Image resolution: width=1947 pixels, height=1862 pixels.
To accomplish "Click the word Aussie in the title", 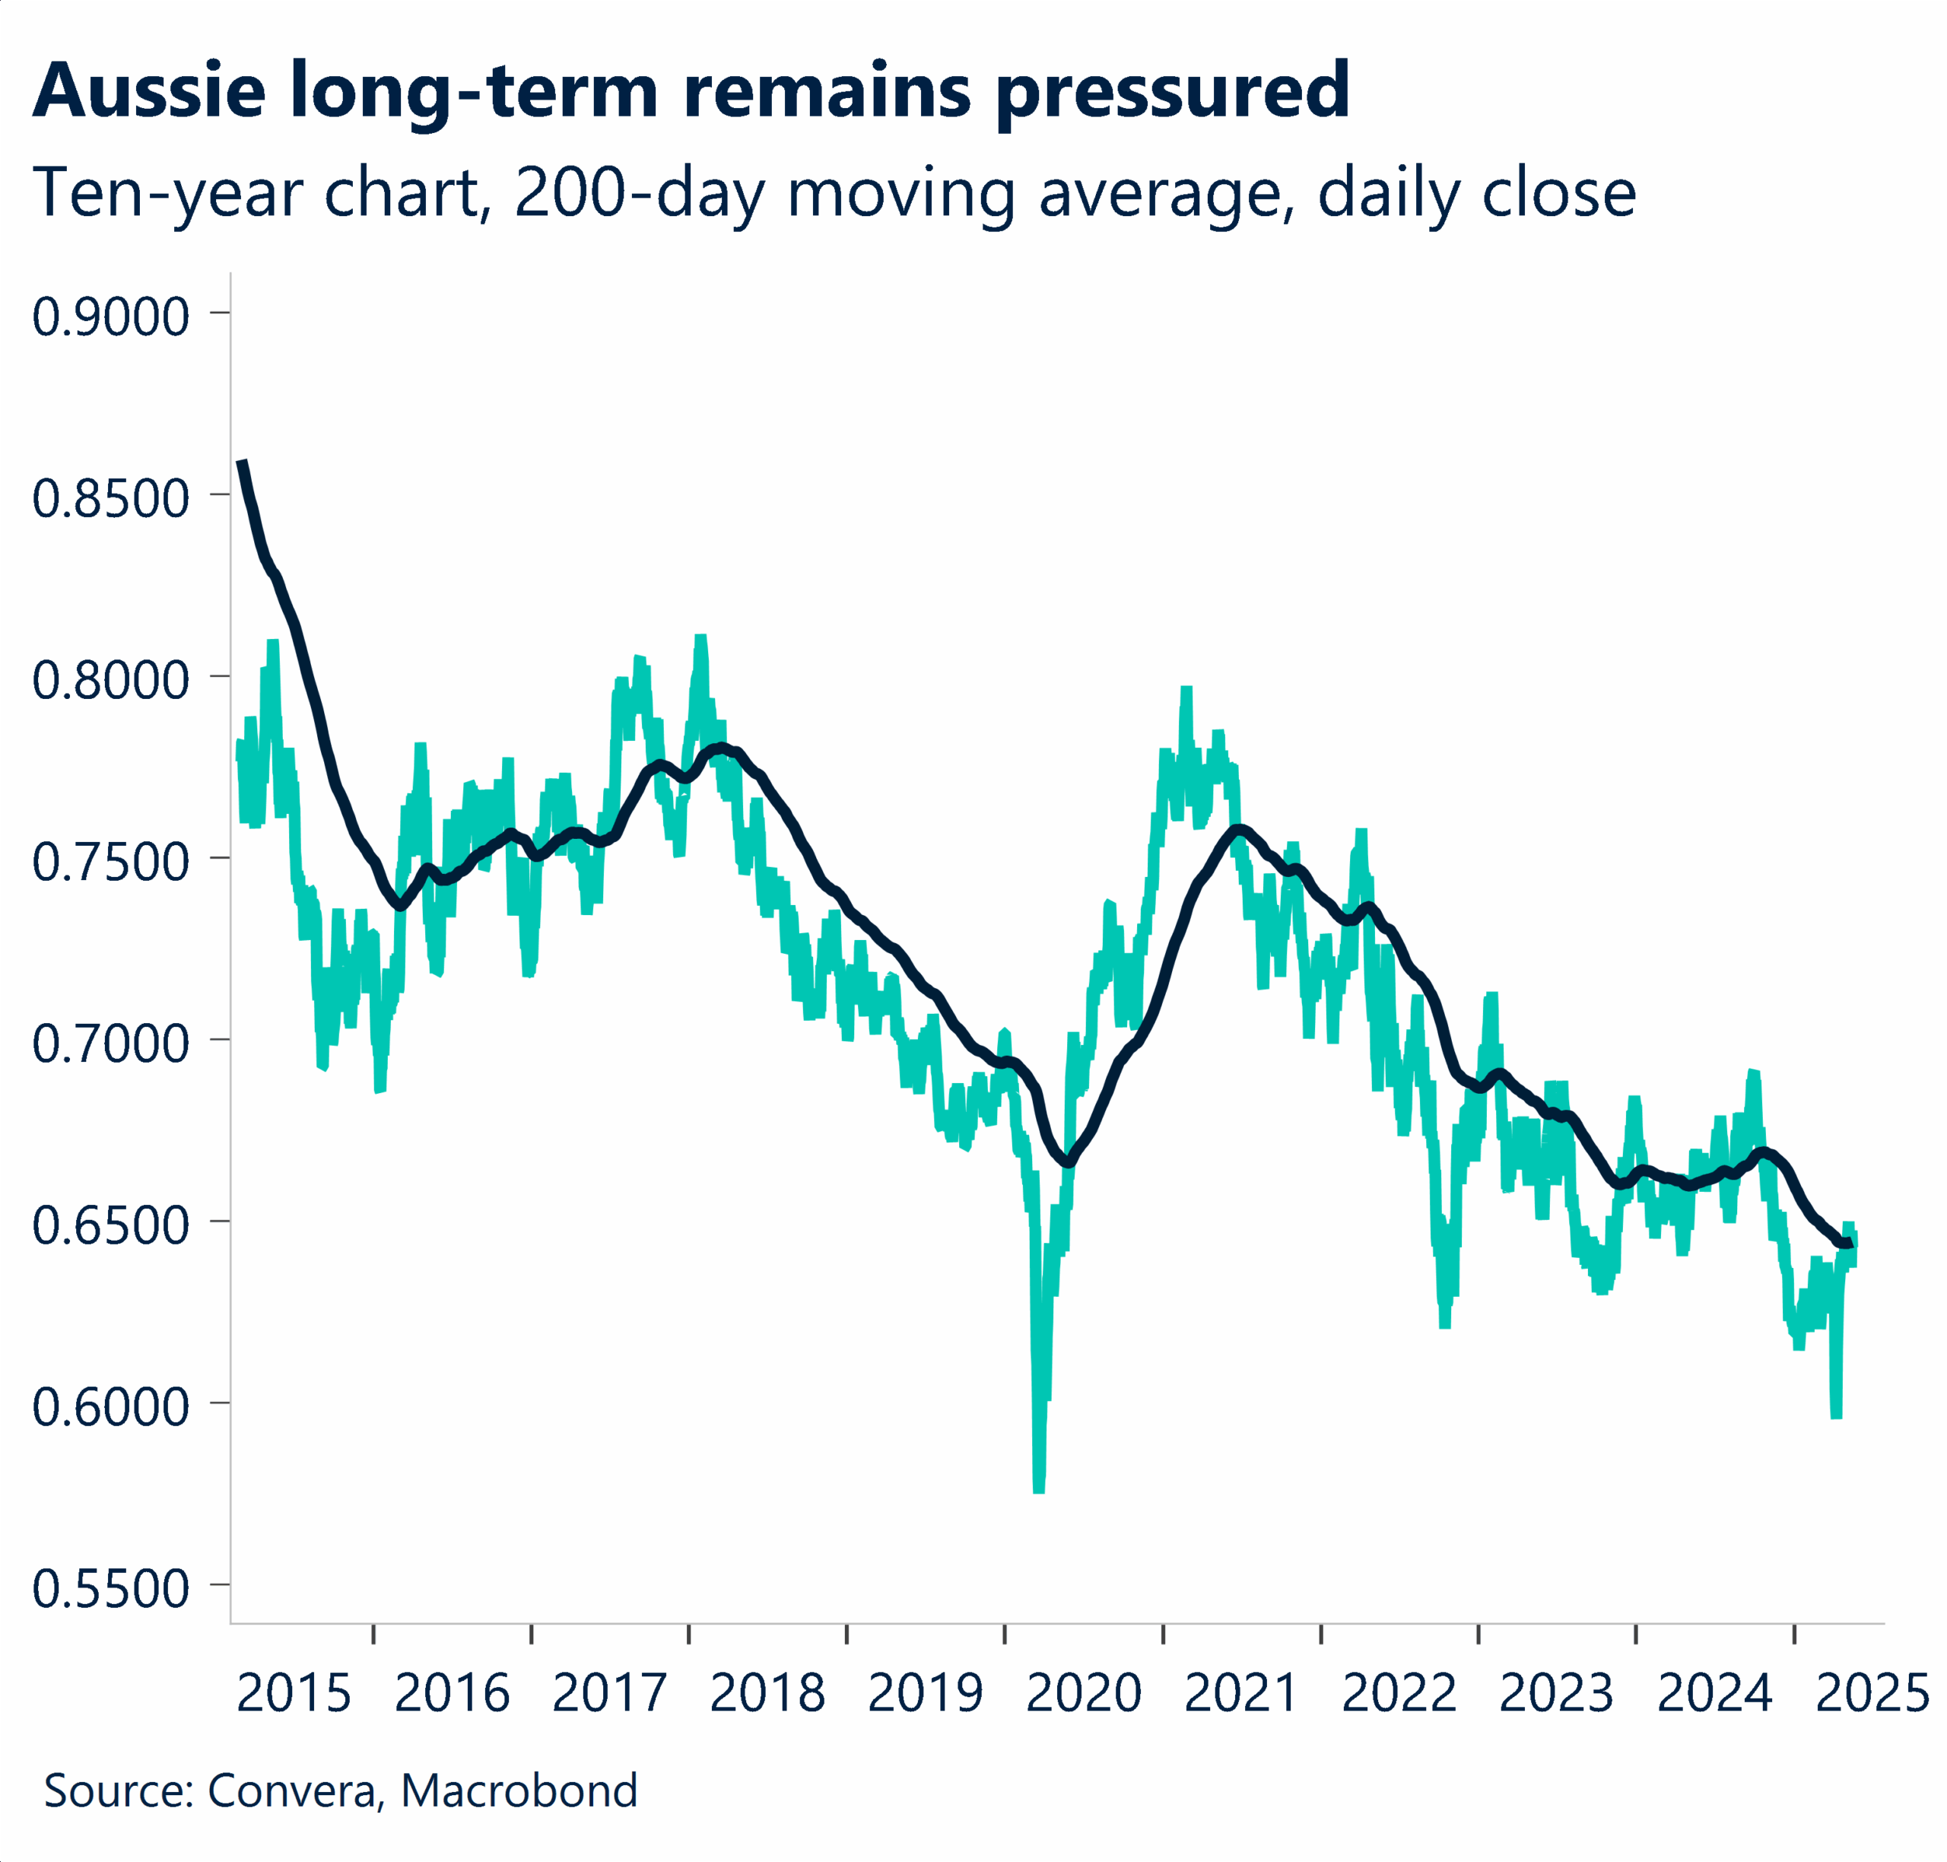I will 149,91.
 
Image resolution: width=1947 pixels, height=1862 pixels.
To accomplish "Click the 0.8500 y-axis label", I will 110,498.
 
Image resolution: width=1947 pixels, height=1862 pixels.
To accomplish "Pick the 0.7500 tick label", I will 110,862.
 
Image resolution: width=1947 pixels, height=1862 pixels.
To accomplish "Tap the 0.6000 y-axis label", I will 110,1406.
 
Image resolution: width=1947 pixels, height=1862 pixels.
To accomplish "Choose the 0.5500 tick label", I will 110,1588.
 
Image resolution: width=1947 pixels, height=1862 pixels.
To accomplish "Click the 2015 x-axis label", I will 294,1692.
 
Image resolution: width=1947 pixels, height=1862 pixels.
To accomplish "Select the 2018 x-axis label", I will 767,1692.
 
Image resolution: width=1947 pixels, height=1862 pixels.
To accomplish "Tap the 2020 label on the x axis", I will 1084,1692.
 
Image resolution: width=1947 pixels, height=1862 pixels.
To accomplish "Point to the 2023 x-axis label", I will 1556,1692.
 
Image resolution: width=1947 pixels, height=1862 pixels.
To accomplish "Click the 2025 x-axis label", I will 1872,1692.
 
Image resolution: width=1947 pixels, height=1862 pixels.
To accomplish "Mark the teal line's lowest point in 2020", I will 1039,1489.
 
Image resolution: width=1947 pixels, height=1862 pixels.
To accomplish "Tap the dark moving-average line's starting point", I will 241,462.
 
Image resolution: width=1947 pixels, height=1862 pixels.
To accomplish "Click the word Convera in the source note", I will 293,1791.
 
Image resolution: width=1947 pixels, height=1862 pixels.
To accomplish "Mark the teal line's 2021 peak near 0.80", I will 1186,690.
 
